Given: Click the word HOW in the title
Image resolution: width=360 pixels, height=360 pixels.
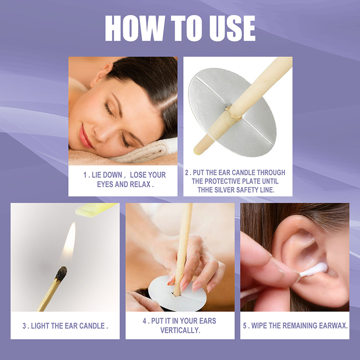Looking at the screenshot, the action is (x=135, y=28).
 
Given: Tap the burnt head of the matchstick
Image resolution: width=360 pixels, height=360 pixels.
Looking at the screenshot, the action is (x=62, y=274).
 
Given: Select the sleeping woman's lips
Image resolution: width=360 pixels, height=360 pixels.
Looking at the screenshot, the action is (x=85, y=136).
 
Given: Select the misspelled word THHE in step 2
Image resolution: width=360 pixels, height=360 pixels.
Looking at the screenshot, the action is (x=205, y=190).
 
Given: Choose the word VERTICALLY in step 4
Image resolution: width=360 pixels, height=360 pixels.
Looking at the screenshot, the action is (x=180, y=330).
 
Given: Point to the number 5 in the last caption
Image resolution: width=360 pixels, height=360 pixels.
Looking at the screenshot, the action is (x=245, y=325).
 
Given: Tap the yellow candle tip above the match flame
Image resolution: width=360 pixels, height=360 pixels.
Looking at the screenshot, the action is (x=96, y=210).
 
